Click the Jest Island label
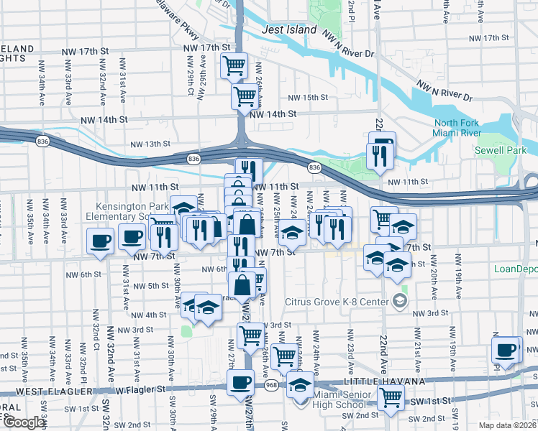[x=289, y=30]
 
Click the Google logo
[x=24, y=422]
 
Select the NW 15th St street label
[x=308, y=97]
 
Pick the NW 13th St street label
[x=150, y=144]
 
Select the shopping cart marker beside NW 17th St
[x=234, y=65]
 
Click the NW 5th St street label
[x=150, y=286]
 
